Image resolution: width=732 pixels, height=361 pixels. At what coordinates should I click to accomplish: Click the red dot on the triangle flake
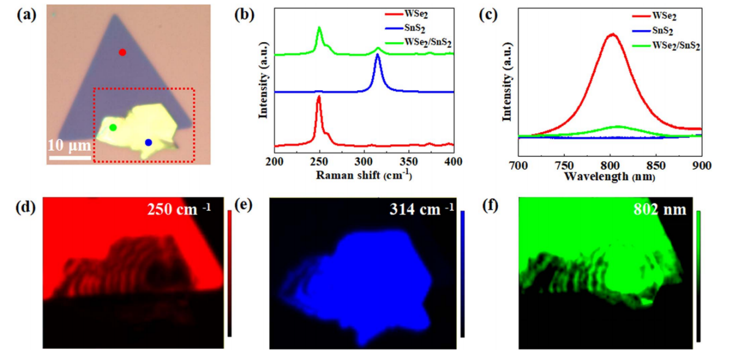click(x=122, y=53)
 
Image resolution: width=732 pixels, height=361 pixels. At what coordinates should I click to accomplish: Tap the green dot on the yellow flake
click(x=113, y=127)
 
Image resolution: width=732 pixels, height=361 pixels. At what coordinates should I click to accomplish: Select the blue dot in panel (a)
click(x=148, y=142)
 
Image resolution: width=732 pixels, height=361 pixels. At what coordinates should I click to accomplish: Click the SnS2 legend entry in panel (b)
click(x=423, y=27)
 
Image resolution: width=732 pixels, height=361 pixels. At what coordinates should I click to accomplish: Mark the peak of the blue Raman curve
click(x=378, y=54)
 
